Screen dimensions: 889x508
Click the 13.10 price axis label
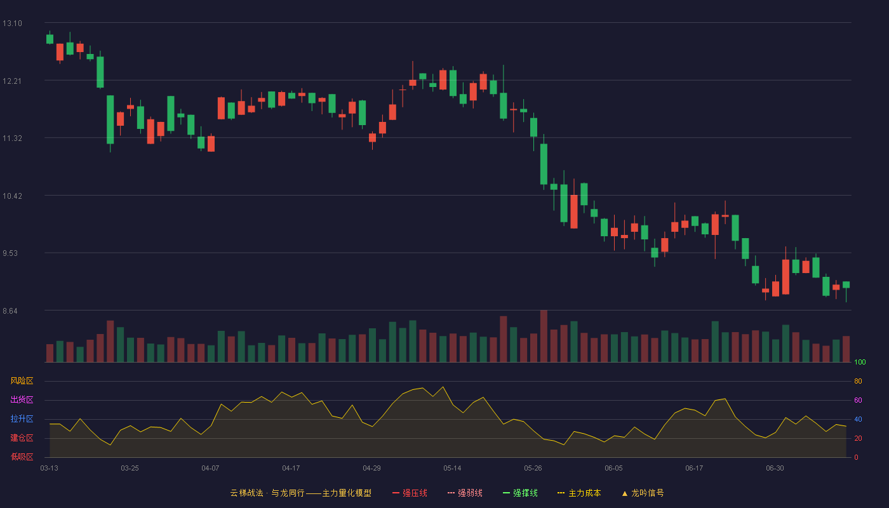12,23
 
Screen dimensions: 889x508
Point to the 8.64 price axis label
10,311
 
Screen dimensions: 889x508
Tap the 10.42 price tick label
12,196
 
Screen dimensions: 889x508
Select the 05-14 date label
452,469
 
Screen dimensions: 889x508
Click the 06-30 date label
775,469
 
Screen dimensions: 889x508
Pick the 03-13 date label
50,469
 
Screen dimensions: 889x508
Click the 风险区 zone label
22,381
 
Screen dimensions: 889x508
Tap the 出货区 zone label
22,399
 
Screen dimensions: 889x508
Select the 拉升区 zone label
22,418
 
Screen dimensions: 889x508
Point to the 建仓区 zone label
22,438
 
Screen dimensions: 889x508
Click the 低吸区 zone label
22,457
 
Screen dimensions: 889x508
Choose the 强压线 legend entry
410,493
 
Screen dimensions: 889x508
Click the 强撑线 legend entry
520,493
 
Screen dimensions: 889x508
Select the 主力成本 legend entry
579,493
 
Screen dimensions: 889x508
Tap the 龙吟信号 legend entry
643,493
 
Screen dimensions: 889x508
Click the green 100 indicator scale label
860,362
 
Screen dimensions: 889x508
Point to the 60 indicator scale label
858,400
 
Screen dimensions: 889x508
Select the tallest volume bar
544,336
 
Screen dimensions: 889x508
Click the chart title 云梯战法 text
247,493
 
